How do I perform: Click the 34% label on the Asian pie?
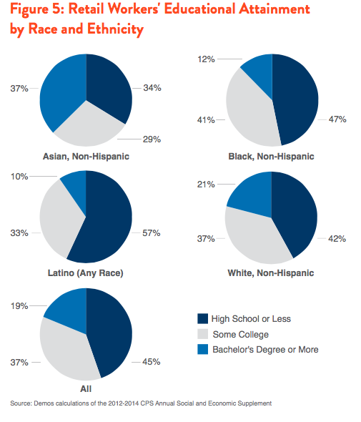[152, 88]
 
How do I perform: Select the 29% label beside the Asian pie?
[152, 139]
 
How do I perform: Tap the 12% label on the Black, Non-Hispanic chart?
[206, 59]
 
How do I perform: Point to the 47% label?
[337, 119]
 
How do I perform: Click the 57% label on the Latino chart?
[152, 232]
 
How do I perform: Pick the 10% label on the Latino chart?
[19, 177]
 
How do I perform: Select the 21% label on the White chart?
[206, 185]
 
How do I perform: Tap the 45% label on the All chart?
[152, 362]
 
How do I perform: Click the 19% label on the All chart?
[19, 305]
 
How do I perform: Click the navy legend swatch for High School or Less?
[202, 318]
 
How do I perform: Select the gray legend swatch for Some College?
[202, 334]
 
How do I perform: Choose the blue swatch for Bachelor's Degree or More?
[202, 349]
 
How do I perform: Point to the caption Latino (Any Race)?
[86, 273]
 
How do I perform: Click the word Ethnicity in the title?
[115, 29]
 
